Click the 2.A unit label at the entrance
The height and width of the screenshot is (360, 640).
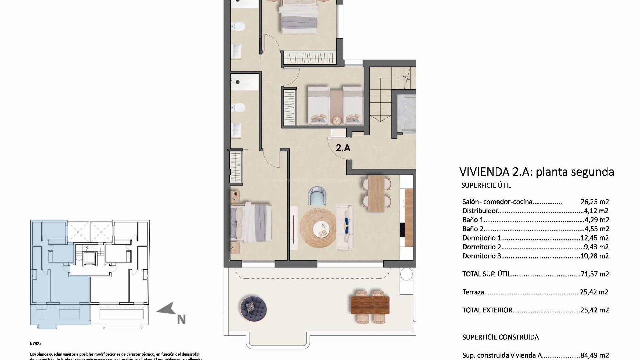[x=343, y=148]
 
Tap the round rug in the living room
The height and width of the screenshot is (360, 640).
[x=318, y=228]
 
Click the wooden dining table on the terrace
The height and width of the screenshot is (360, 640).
[x=370, y=305]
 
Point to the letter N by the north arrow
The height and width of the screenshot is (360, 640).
[x=181, y=320]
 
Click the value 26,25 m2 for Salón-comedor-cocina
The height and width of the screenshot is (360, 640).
[x=594, y=202]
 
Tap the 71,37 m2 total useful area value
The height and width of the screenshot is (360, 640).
[x=594, y=274]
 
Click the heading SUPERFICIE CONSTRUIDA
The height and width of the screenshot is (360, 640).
[x=500, y=337]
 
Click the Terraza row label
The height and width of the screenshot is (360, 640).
[x=473, y=292]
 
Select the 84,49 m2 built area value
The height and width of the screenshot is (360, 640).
[x=594, y=355]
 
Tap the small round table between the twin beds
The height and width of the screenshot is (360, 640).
[x=337, y=119]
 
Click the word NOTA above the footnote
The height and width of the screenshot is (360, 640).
[x=35, y=344]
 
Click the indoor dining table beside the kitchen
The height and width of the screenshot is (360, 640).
[x=376, y=193]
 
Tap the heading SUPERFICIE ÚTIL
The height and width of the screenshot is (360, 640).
[x=486, y=186]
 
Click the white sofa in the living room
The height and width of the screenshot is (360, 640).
[x=345, y=227]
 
